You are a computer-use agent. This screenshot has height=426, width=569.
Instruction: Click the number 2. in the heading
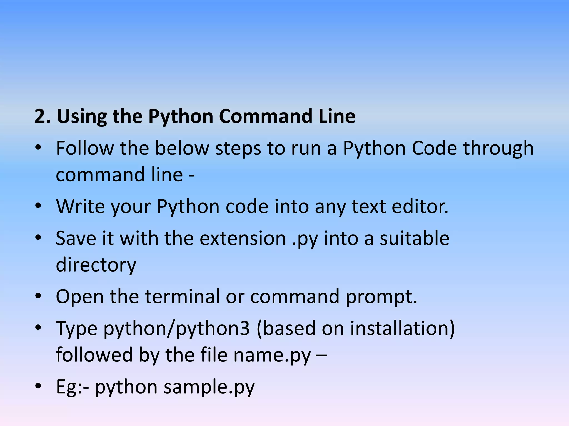42,116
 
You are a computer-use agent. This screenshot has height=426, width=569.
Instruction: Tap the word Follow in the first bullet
84,148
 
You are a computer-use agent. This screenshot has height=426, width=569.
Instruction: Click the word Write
80,206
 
